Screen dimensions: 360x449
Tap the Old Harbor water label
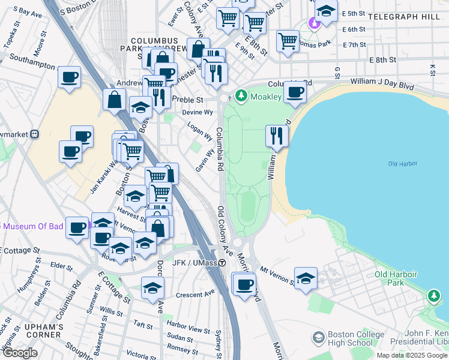click(402, 164)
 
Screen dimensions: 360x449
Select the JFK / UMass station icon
click(222, 263)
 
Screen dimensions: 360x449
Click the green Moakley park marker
click(241, 95)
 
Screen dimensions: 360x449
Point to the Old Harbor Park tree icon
click(433, 296)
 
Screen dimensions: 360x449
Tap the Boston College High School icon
click(318, 338)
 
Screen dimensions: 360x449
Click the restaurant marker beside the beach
click(277, 136)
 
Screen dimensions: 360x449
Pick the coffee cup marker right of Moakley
click(294, 92)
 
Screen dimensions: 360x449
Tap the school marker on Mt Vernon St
click(306, 278)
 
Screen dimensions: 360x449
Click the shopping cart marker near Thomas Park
click(288, 41)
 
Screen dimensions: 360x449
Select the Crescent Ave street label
click(195, 294)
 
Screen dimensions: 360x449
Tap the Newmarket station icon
click(35, 134)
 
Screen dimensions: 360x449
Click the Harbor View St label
click(188, 329)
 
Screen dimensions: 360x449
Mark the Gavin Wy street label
click(204, 161)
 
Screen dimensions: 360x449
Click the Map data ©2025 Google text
click(412, 355)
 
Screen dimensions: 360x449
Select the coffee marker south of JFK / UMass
click(244, 284)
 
